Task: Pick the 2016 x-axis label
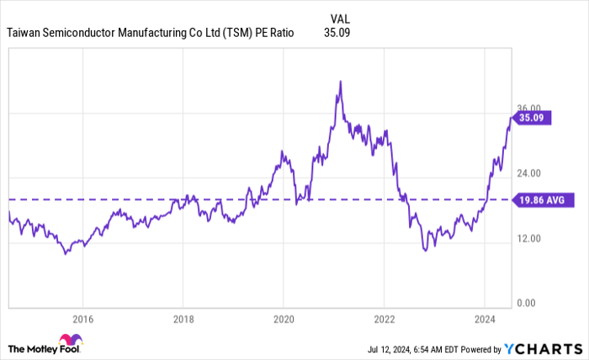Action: [82, 320]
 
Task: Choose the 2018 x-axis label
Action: [183, 320]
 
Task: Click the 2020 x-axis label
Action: [284, 320]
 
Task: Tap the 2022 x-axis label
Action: [385, 320]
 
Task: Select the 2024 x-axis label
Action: [485, 320]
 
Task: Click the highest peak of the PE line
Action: [339, 82]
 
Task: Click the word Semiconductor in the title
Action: [83, 33]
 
